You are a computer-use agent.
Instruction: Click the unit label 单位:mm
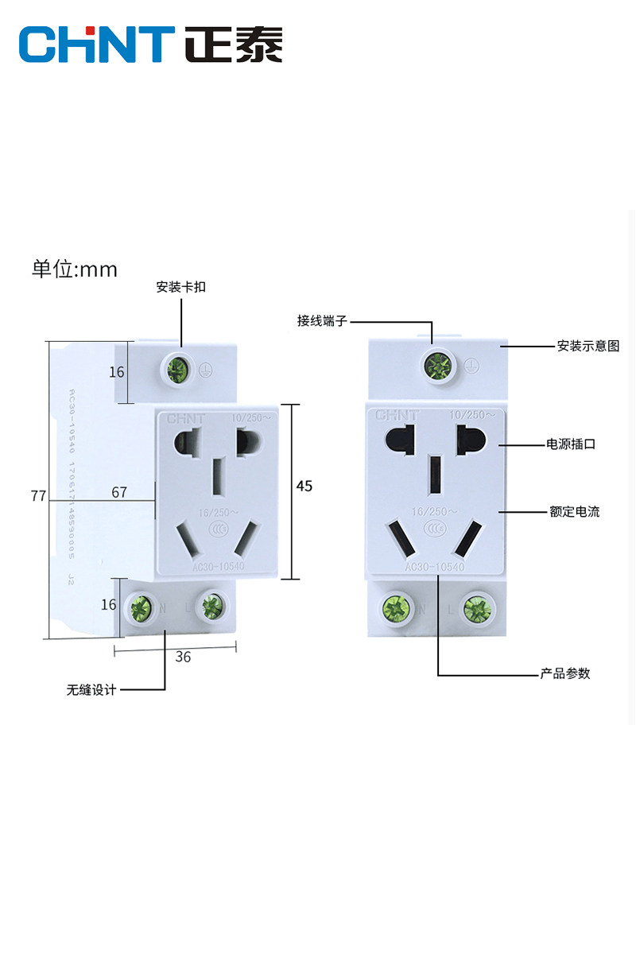75,270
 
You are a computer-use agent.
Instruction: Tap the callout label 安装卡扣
180,287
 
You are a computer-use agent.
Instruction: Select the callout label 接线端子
322,321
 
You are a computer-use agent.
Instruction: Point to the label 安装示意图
588,346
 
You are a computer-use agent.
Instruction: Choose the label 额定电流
574,512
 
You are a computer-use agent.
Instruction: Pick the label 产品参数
565,673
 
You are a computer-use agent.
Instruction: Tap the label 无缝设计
91,690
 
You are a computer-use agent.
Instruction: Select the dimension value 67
119,493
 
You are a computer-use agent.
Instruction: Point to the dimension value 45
304,486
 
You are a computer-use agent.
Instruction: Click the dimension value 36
183,657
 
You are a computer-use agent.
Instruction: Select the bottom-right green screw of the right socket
479,610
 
